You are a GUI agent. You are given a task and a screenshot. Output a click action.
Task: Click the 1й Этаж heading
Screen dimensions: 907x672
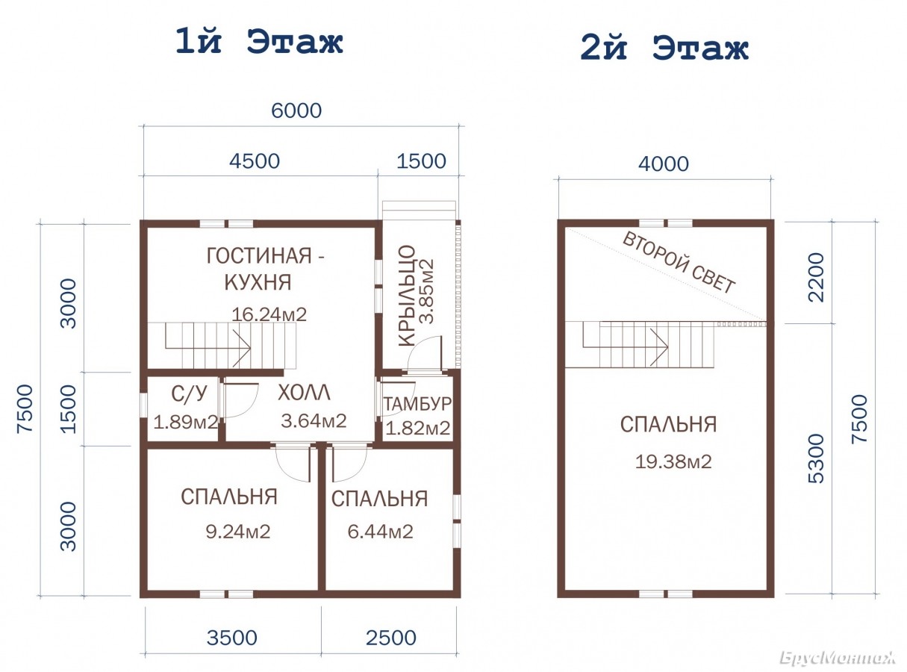pos(259,42)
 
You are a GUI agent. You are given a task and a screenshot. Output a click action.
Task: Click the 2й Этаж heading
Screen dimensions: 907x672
pos(664,49)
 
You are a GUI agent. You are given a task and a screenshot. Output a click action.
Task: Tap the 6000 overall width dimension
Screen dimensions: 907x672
pos(296,111)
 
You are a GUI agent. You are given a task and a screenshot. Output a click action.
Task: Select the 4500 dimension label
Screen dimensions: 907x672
pos(255,161)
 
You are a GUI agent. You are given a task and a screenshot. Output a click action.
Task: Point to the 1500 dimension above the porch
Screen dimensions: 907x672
pos(421,161)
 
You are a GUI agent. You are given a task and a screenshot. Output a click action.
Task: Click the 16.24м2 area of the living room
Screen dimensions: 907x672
pos(269,314)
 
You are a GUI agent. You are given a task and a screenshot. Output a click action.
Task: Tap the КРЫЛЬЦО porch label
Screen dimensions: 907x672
pos(407,296)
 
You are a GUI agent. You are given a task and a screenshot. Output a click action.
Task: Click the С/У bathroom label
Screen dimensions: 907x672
pos(190,394)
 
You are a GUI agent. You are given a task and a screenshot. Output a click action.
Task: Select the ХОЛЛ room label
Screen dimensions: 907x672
pos(304,393)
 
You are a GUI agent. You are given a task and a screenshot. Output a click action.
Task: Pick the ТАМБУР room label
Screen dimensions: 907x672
pos(417,404)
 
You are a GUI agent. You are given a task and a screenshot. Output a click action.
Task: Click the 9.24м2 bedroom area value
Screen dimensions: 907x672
pos(238,532)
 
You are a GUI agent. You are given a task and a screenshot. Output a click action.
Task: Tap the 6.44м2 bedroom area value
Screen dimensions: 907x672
pos(380,532)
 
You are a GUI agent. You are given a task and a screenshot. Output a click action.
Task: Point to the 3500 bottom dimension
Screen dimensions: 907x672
pos(232,638)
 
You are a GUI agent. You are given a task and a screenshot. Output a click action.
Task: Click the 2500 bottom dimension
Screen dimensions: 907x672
pos(391,638)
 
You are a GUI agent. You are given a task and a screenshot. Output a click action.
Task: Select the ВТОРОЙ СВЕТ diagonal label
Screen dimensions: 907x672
pos(679,263)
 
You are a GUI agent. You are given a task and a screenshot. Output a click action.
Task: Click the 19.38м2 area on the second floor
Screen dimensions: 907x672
pos(673,461)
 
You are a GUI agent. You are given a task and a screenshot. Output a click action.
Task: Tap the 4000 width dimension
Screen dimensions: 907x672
pos(664,164)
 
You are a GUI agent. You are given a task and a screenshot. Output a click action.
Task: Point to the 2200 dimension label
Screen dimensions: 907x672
pos(816,277)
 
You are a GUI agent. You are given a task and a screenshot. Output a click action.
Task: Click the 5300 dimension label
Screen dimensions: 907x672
pos(816,458)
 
